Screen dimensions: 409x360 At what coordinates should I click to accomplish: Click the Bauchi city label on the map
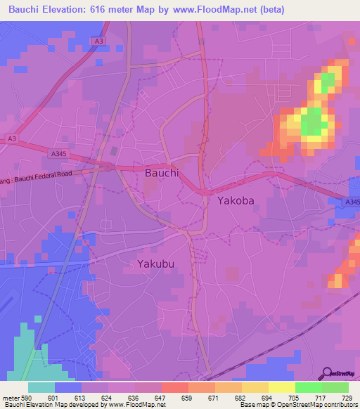[x=161, y=172]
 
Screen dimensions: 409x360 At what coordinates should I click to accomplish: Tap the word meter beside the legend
[x=11, y=397]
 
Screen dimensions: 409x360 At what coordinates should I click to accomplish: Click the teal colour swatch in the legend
[x=41, y=387]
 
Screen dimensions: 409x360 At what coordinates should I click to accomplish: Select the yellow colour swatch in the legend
[x=281, y=387]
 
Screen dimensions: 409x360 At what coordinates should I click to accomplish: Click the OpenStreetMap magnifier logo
[x=327, y=373]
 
